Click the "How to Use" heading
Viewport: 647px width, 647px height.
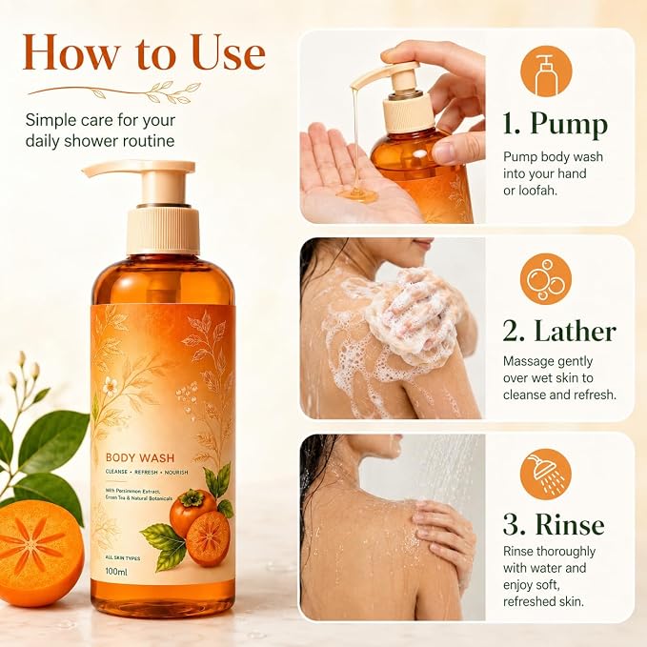(144, 52)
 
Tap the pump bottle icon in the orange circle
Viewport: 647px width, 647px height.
(545, 71)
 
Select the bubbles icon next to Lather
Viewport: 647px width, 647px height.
(545, 279)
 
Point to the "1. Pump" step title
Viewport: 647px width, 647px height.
(555, 124)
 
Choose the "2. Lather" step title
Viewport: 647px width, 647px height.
(559, 331)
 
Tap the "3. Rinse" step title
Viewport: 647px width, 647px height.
(554, 525)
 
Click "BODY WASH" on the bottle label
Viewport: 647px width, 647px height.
(140, 457)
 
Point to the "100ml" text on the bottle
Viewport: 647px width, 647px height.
(116, 572)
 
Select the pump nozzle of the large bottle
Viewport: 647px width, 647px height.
(138, 170)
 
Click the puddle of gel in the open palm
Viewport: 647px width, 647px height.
(357, 194)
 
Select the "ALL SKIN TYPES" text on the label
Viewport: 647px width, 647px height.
(123, 558)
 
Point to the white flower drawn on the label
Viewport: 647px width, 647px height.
(110, 386)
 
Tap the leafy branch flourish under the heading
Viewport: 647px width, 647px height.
(114, 92)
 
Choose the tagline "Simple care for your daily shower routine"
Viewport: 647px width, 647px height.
(100, 131)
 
